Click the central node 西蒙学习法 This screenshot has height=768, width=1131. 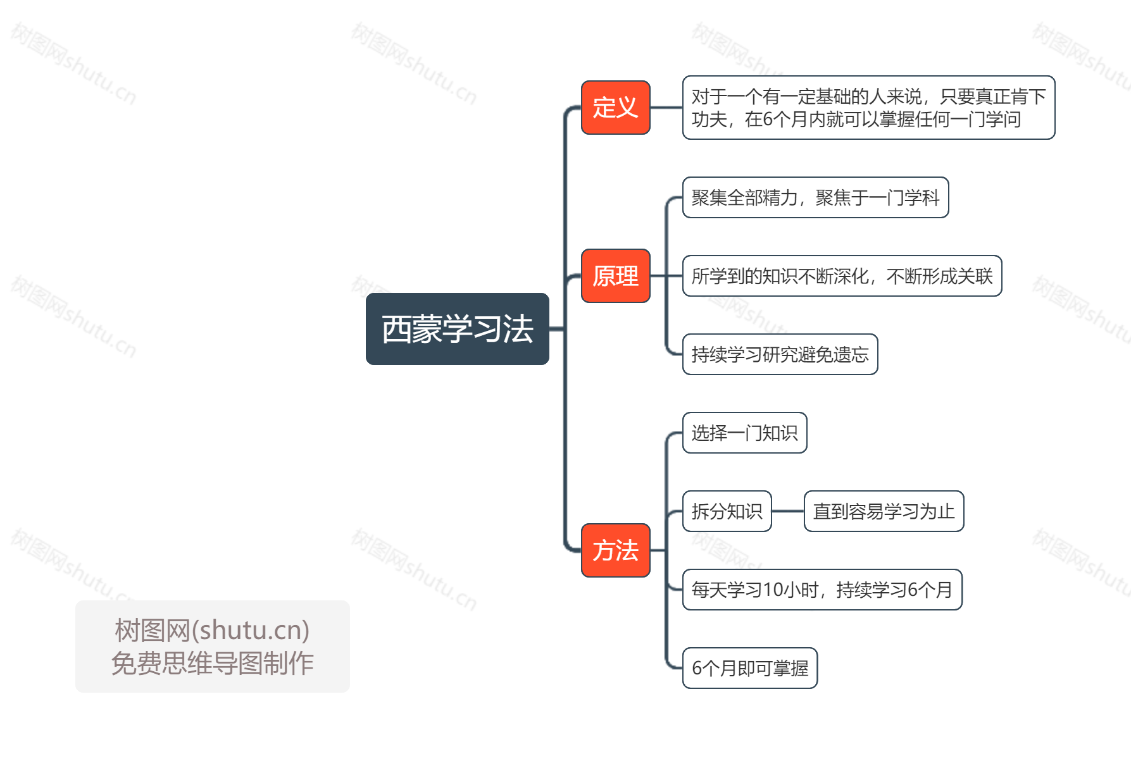point(457,329)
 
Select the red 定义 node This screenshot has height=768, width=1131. point(615,108)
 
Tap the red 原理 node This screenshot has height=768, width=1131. point(615,276)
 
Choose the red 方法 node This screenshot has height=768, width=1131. point(615,550)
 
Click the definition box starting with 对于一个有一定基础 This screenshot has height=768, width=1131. point(868,108)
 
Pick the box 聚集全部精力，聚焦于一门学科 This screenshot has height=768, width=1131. point(815,197)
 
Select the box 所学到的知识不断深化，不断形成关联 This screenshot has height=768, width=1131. point(842,276)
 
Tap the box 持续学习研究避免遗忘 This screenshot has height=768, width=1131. point(780,354)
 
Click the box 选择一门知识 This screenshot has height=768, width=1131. point(744,433)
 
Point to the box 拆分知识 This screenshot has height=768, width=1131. point(727,511)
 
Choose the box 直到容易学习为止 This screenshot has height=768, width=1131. point(884,511)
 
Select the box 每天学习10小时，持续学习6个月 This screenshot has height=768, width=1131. point(822,590)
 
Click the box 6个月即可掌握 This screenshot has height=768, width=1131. point(750,668)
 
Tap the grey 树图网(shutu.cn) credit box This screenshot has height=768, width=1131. point(213,646)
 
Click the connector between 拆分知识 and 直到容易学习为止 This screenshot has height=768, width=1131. point(788,511)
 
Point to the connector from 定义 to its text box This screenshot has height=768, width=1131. point(666,108)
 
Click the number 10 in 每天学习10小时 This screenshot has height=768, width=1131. point(773,590)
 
